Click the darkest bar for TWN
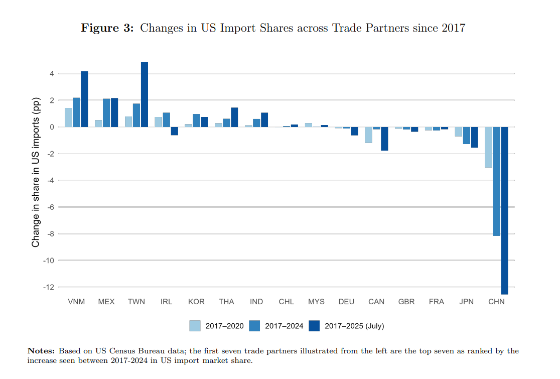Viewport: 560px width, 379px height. [x=145, y=94]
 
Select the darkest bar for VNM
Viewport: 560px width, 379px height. [x=84, y=99]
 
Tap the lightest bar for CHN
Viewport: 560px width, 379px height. [x=488, y=147]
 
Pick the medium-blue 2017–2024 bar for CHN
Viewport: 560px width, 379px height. [x=496, y=181]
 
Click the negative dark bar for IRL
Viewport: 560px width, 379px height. [x=175, y=131]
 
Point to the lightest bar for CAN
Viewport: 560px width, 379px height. [x=368, y=135]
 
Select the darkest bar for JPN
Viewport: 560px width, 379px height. [x=474, y=137]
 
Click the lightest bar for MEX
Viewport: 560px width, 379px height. [x=98, y=123]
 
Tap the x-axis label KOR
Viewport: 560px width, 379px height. [x=196, y=302]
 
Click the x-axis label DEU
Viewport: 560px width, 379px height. [x=346, y=302]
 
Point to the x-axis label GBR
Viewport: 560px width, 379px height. [x=406, y=302]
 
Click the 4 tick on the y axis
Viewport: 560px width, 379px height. [x=52, y=73]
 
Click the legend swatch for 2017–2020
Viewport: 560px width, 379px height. [x=195, y=326]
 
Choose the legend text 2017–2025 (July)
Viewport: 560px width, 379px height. [x=354, y=326]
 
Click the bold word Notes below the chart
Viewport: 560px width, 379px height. [x=41, y=351]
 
